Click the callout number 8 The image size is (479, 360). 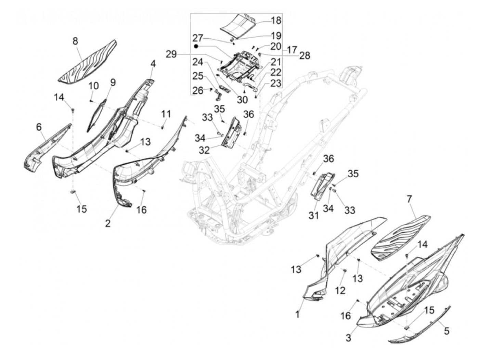tap(75, 41)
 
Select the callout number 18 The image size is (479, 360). tap(276, 20)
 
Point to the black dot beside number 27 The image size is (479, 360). tap(196, 46)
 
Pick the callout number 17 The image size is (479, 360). tap(292, 50)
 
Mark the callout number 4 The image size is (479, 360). tap(153, 64)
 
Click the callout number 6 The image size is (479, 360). tap(39, 127)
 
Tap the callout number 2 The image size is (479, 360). tap(108, 223)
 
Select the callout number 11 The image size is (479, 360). tap(166, 114)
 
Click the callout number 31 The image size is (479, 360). tap(314, 215)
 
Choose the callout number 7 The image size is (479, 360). tap(409, 199)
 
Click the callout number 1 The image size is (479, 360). tap(297, 314)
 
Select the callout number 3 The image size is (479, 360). tap(348, 337)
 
